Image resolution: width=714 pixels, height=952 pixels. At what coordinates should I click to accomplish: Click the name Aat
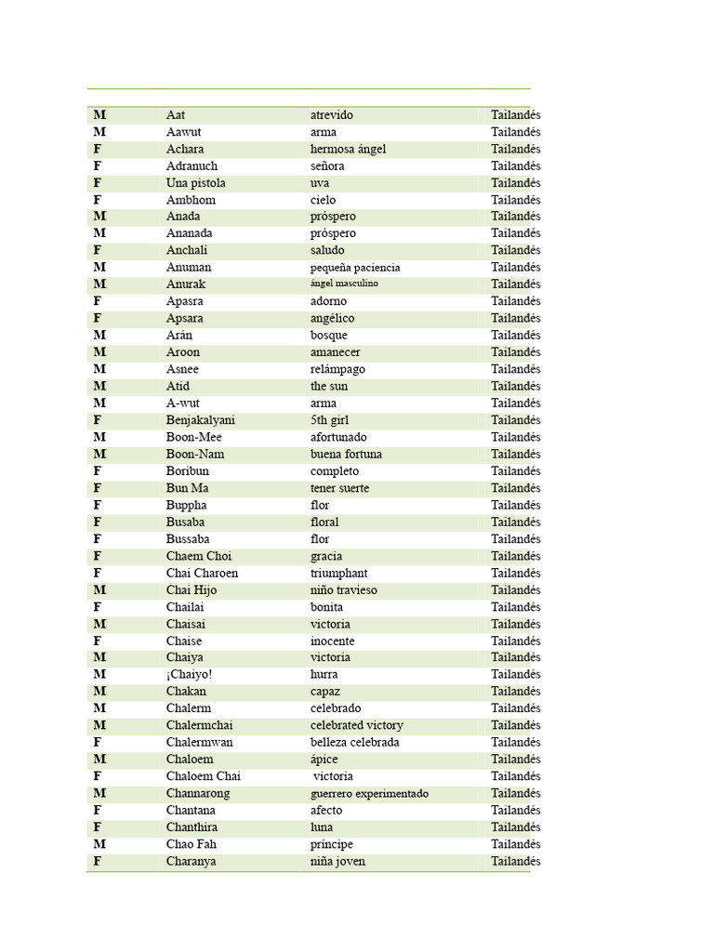click(176, 115)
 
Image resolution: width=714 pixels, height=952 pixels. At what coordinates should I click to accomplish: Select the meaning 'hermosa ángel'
click(348, 149)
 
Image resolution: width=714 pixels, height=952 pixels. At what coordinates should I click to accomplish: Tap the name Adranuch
click(192, 165)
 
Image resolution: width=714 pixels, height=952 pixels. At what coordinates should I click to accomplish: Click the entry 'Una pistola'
click(195, 183)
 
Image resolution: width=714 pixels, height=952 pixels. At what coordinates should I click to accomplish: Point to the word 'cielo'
click(323, 200)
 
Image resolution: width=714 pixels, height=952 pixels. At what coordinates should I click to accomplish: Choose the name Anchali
click(187, 250)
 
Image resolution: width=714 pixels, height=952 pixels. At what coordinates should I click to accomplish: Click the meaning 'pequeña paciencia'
click(355, 268)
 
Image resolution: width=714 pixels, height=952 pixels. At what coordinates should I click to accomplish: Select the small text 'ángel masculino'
click(344, 284)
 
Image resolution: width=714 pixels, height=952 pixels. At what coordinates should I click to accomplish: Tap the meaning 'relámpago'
click(337, 369)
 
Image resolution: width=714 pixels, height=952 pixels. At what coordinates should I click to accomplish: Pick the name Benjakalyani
click(201, 420)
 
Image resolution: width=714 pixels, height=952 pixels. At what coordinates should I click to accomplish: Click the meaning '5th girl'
click(329, 420)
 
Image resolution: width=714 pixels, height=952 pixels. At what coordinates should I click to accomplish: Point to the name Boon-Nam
click(195, 454)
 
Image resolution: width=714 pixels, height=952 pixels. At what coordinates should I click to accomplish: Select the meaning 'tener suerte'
click(339, 488)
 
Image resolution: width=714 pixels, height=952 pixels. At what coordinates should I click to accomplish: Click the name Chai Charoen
click(202, 573)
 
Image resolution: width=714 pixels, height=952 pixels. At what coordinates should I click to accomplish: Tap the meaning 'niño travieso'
click(343, 590)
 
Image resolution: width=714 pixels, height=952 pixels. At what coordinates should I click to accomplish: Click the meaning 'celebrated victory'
click(356, 725)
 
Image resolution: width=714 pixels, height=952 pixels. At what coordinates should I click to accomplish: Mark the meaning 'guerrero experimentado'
click(369, 794)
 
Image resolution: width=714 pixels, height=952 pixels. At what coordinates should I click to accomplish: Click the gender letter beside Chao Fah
click(99, 844)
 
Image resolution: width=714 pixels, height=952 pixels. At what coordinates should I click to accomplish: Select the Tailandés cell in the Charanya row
click(515, 861)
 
